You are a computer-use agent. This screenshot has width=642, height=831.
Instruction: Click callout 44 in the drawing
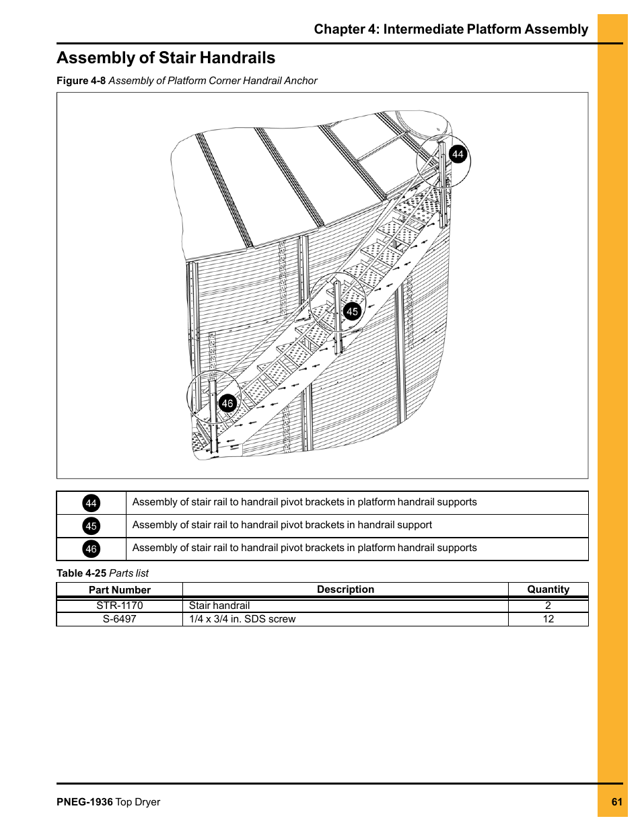coord(458,154)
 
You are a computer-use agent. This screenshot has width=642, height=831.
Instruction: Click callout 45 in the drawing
coord(352,312)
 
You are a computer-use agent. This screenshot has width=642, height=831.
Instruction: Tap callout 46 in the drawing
coord(227,404)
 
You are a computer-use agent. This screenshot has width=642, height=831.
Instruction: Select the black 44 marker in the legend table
coord(92,503)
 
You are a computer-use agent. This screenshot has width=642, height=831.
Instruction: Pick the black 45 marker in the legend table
coord(92,526)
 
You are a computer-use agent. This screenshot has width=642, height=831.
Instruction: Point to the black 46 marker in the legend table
coord(92,549)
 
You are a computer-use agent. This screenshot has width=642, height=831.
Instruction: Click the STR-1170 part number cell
coord(120,606)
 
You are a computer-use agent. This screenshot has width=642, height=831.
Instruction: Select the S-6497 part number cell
coord(120,619)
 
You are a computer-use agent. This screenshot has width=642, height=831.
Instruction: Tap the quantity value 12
coord(548,619)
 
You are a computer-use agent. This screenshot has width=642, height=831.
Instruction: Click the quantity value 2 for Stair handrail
coord(548,606)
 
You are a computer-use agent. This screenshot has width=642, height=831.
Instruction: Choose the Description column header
coord(345,589)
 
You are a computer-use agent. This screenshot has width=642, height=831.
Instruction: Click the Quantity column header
coord(548,589)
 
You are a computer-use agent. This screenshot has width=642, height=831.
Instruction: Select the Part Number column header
coord(120,590)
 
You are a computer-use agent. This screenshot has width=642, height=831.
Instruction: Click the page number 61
coord(617,802)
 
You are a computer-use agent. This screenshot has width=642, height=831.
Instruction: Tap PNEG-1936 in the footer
coord(85,802)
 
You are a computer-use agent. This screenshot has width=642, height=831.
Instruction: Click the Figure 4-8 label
coord(81,81)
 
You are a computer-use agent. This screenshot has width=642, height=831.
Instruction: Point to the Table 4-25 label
coord(81,573)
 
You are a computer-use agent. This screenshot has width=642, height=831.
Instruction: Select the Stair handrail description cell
coord(219,606)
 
